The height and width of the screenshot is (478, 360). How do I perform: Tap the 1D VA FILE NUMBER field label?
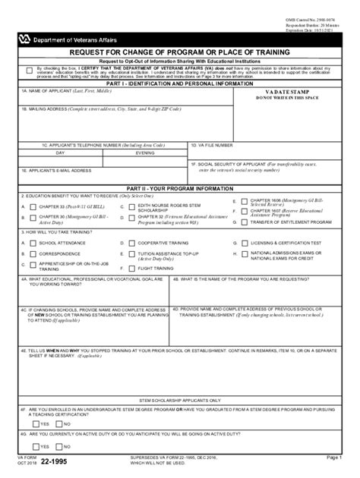click(213, 144)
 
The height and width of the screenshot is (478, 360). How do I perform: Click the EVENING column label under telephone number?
click(145, 153)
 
